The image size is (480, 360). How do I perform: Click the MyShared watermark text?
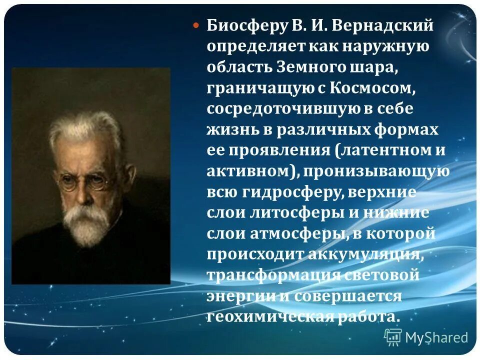[x=436, y=337]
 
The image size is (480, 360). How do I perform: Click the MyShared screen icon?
[x=393, y=336]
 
